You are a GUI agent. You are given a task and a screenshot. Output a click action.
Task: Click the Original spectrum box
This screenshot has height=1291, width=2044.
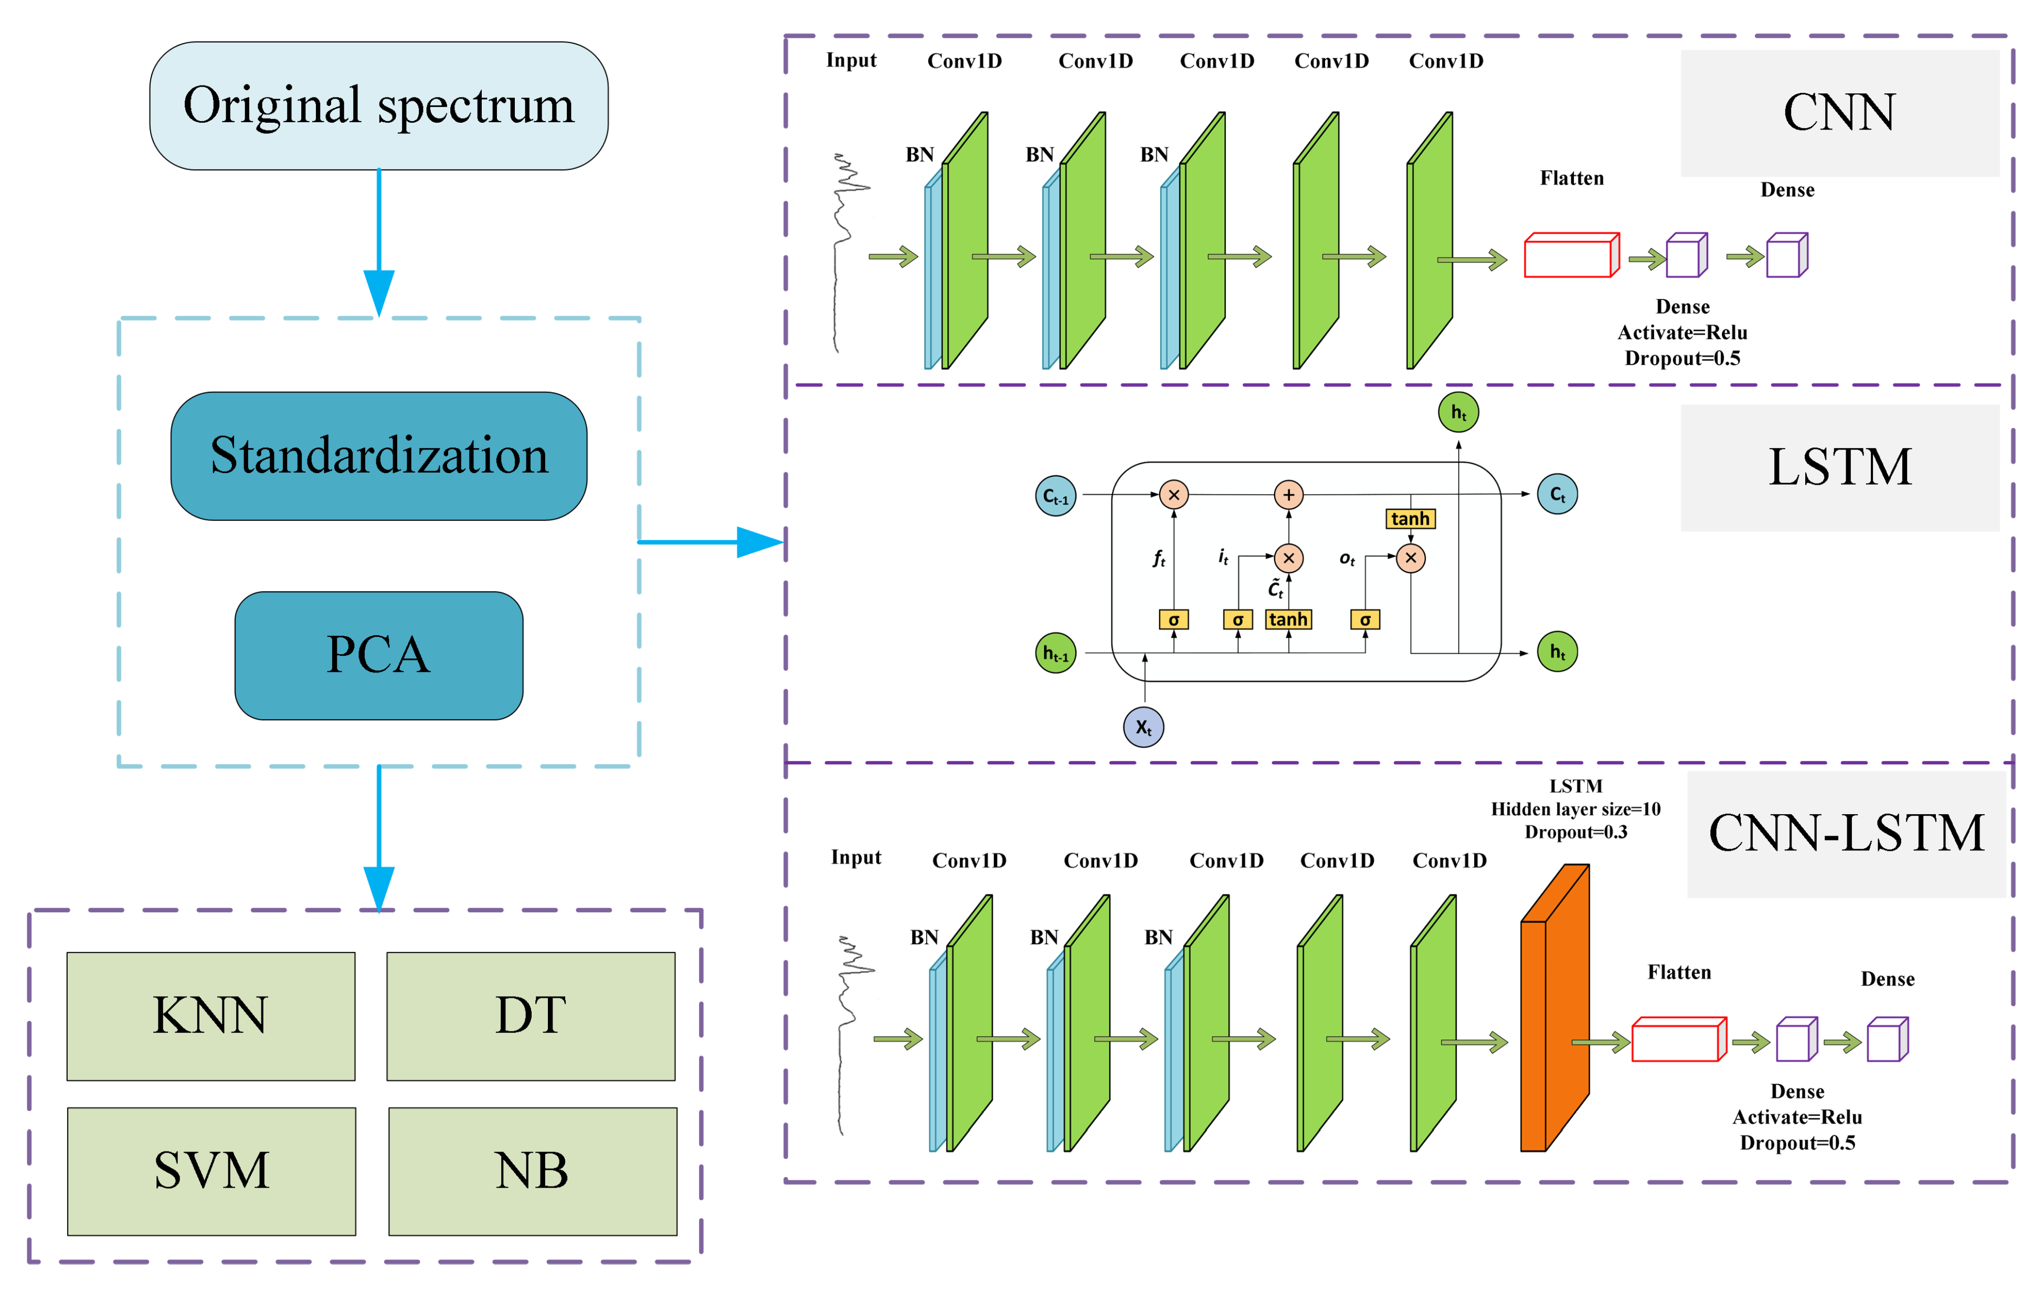378,106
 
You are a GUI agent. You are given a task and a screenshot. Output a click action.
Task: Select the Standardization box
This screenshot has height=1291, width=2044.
378,456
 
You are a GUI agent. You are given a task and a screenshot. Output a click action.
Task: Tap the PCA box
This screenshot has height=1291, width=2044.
378,655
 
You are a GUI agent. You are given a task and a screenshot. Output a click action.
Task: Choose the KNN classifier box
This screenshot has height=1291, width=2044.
210,1016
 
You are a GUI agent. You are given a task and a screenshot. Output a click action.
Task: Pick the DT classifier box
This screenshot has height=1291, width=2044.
531,1016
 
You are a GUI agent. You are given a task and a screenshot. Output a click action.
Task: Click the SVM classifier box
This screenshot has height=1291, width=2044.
211,1171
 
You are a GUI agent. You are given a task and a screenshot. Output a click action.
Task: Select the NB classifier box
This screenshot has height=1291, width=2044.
532,1171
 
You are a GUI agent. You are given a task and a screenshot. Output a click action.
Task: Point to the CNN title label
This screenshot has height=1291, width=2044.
1839,113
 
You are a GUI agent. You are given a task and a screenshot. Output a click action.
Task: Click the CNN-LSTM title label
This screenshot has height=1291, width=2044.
1846,834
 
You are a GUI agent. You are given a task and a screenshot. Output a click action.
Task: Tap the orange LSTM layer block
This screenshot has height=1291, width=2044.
1554,1008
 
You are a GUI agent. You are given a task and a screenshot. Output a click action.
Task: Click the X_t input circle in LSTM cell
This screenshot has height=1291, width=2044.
1143,728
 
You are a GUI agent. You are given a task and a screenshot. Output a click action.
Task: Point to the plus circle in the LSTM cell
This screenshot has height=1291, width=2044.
1288,495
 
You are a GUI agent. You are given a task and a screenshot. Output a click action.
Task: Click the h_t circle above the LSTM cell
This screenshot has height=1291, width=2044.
1458,412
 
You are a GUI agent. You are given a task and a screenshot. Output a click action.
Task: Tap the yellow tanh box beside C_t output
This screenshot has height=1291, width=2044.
1410,519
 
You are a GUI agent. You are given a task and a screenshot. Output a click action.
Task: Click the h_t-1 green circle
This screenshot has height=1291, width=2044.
1056,654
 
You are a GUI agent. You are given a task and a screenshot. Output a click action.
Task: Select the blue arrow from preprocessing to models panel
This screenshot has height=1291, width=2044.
711,541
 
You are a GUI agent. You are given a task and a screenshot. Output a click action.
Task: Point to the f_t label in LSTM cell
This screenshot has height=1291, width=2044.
1159,559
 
